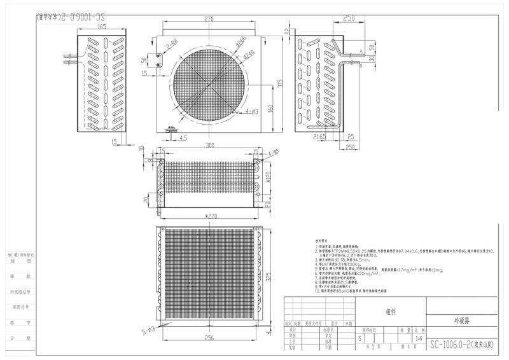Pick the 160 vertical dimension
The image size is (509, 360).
point(270,108)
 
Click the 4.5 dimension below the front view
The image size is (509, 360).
point(183,137)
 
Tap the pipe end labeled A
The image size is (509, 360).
point(361,50)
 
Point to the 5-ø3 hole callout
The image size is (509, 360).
point(148,330)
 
